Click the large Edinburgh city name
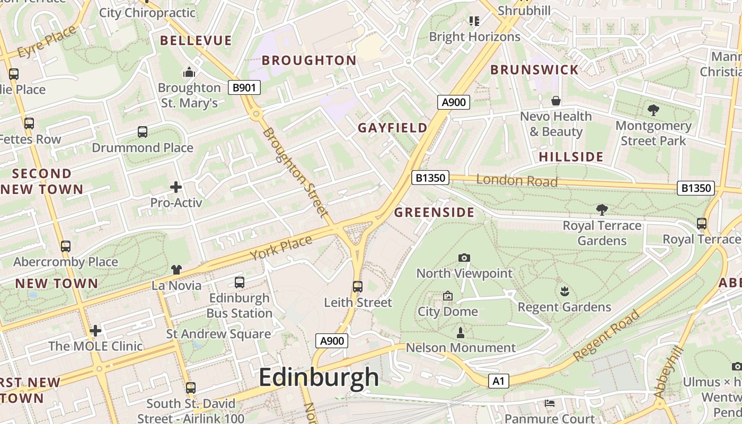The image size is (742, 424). click(x=319, y=377)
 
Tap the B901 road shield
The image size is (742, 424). click(x=244, y=87)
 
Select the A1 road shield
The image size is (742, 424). click(x=498, y=381)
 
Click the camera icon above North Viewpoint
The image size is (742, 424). click(x=464, y=258)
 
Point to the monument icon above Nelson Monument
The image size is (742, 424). click(x=461, y=333)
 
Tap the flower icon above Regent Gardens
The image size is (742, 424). click(x=564, y=291)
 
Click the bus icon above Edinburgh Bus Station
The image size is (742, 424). click(x=240, y=282)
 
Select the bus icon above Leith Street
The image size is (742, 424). click(x=358, y=287)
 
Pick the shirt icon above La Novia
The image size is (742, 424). click(x=176, y=270)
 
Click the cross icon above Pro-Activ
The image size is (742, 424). click(x=176, y=187)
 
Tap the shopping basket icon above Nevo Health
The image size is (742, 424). click(x=556, y=101)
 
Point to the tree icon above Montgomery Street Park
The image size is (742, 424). click(x=653, y=110)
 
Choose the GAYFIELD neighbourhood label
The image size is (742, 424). click(x=392, y=128)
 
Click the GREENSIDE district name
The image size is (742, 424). click(x=434, y=213)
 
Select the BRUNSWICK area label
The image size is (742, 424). click(x=534, y=70)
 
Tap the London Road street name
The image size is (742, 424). click(x=517, y=181)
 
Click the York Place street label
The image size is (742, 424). click(x=281, y=248)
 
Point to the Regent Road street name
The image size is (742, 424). click(x=606, y=336)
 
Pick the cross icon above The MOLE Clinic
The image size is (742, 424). click(x=95, y=331)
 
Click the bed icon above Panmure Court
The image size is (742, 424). click(x=550, y=403)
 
